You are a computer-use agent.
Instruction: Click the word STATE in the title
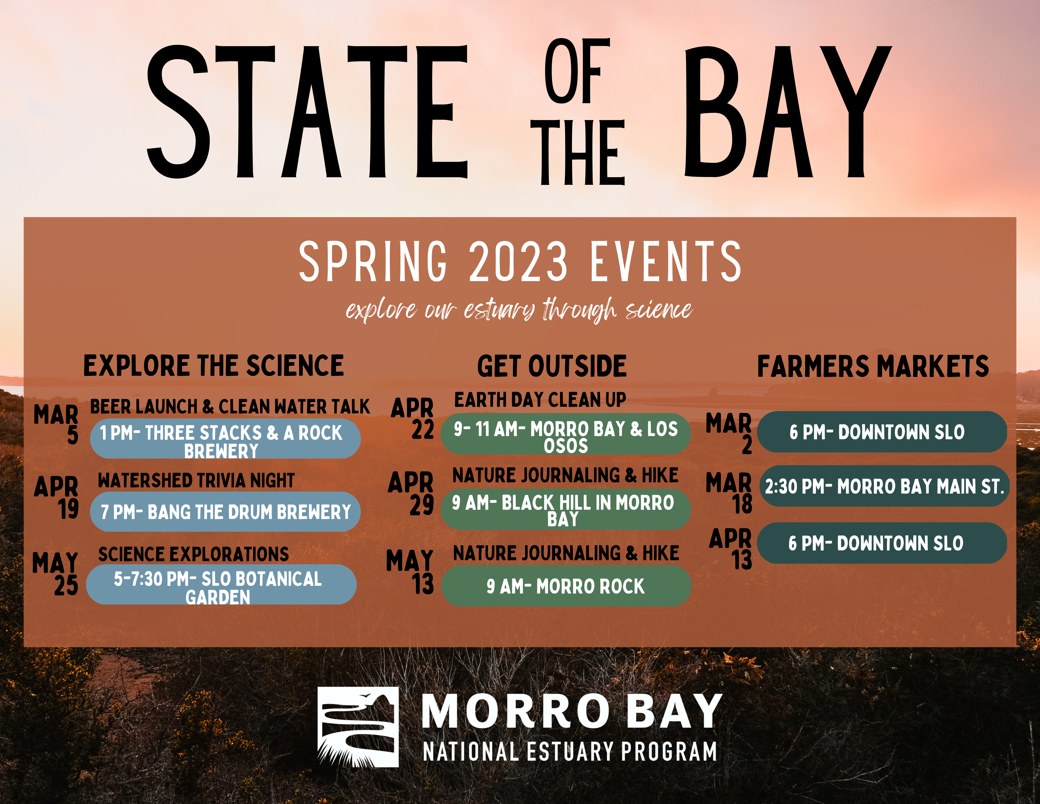point(307,112)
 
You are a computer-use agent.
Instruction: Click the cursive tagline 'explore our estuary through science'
point(519,310)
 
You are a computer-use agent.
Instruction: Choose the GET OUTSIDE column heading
point(552,366)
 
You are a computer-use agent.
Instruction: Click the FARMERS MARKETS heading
point(873,366)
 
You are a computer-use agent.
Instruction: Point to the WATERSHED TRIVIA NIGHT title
point(196,480)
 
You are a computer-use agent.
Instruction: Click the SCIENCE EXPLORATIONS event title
point(193,554)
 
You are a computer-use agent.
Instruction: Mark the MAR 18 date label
point(730,493)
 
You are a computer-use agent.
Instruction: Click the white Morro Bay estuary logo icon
point(358,726)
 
